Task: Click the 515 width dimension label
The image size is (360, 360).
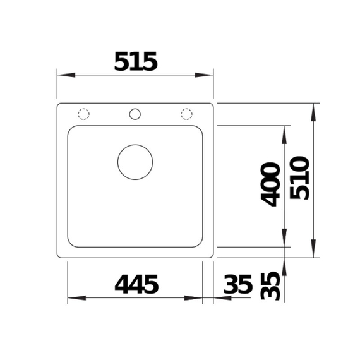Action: point(135,61)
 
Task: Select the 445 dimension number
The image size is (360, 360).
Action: point(136,285)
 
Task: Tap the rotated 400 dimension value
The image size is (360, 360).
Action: point(271,184)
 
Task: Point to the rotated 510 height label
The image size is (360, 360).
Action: point(300,177)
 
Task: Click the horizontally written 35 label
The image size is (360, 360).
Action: point(237,285)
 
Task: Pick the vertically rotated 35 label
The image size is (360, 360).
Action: point(271,285)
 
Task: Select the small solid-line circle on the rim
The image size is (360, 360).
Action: point(135,114)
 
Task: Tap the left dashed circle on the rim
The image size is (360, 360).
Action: point(83,114)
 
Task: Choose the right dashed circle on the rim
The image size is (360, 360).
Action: point(186,114)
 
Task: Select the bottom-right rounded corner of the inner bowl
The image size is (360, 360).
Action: point(200,243)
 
